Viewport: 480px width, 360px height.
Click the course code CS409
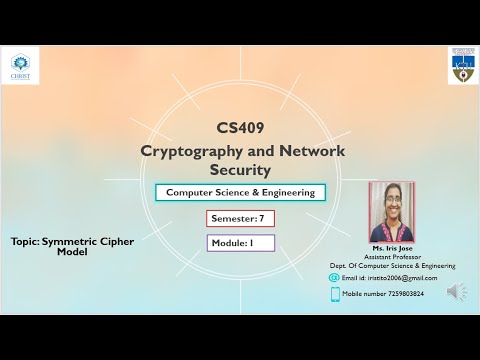(x=240, y=128)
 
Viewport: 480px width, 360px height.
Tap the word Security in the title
(x=240, y=172)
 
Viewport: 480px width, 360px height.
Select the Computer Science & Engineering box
(x=240, y=192)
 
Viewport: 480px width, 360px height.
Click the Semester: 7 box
(x=240, y=218)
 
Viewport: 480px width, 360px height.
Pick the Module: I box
(x=240, y=242)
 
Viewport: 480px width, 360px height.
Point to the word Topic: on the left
(x=25, y=241)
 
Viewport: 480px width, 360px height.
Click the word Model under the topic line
(x=72, y=252)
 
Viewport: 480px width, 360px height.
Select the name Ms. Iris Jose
(x=392, y=247)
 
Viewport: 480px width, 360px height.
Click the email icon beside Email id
(x=334, y=277)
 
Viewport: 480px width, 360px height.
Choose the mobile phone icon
(x=335, y=294)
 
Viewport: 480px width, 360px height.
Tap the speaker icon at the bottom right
(x=456, y=292)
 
